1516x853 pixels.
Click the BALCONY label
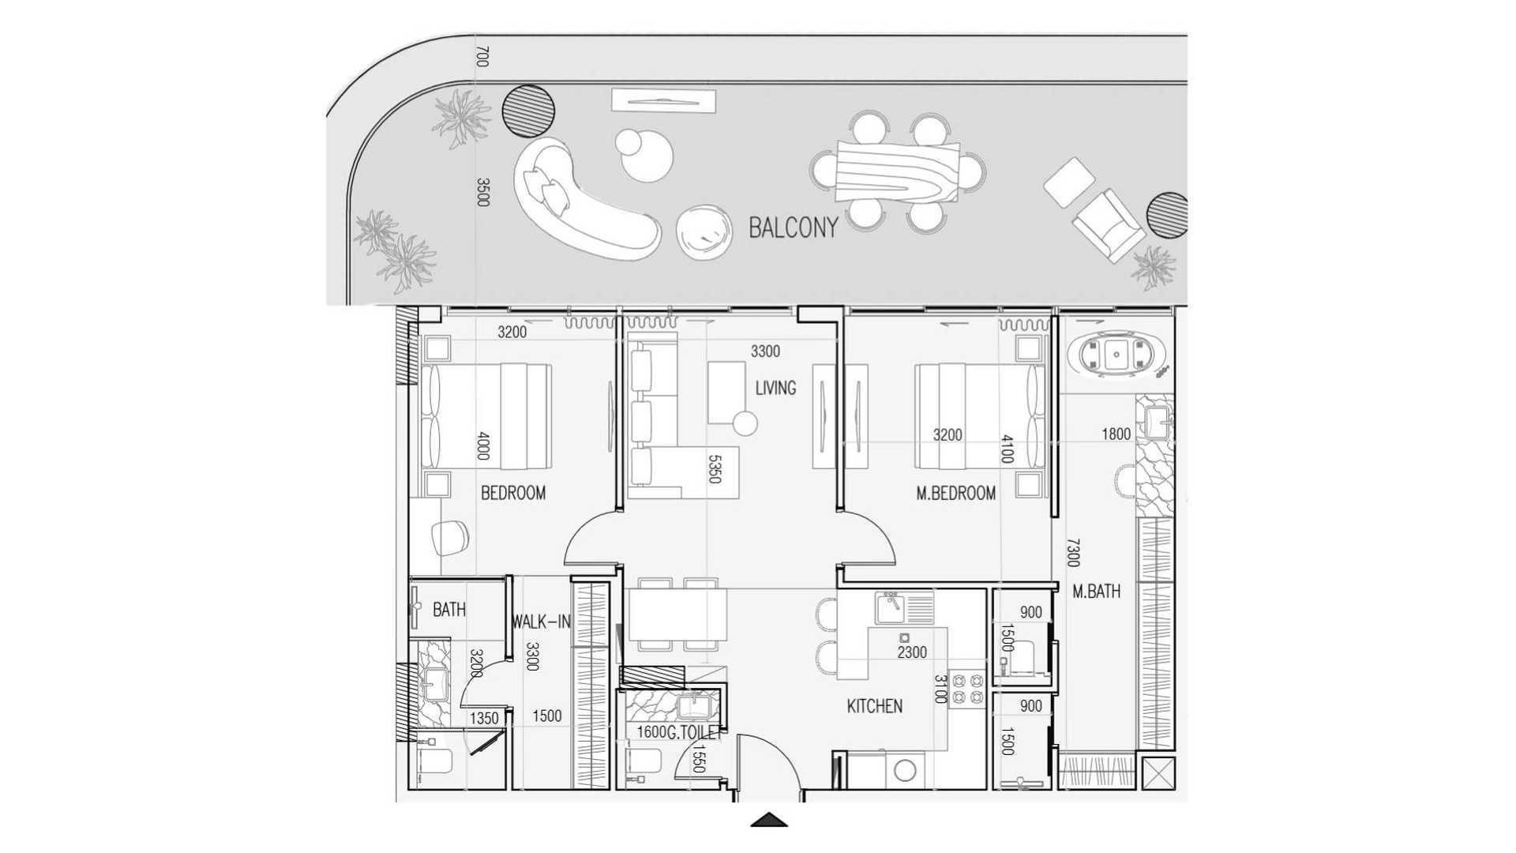793,228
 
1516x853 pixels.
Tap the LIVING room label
775,388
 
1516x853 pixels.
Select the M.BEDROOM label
955,494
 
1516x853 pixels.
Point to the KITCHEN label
874,706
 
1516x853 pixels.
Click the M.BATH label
1096,592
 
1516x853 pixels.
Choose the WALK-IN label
541,622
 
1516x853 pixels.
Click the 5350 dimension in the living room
715,468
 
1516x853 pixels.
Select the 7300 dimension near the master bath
1072,552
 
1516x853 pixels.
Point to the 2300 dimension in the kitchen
912,652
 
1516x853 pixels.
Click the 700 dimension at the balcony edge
483,57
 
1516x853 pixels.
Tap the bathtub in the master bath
1116,356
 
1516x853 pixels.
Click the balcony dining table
899,171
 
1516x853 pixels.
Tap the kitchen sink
904,608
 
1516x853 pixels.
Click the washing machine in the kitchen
906,769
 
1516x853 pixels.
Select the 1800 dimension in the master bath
1116,434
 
